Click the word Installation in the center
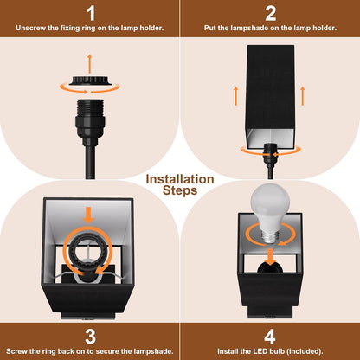180,179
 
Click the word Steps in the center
180,191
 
